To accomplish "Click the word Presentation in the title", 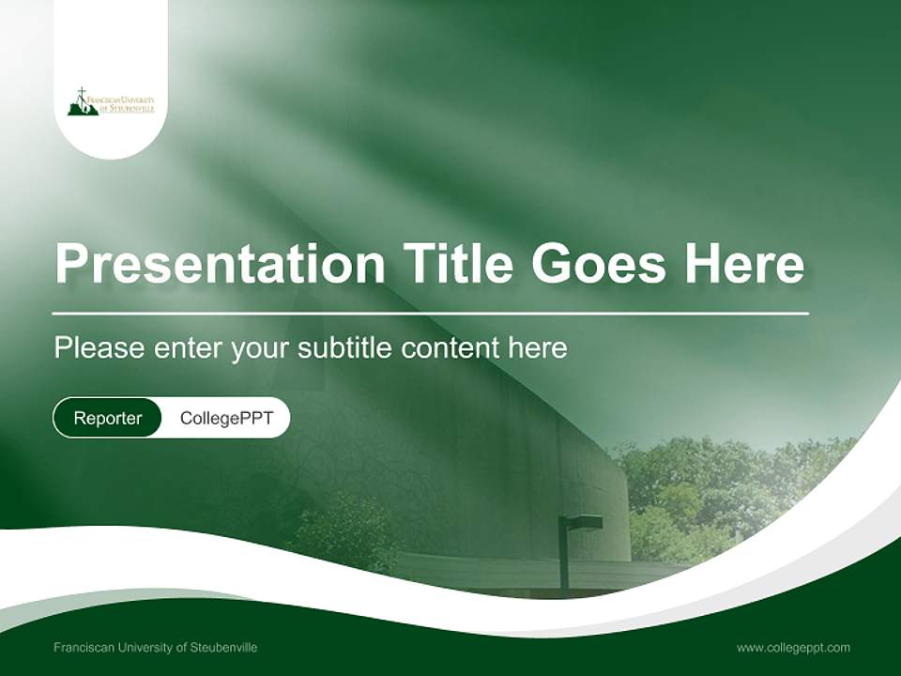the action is pos(220,263).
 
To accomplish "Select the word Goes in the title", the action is pos(599,263).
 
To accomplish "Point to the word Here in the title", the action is pos(744,263).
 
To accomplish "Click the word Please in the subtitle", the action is pos(99,347).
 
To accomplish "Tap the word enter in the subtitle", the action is pos(188,348).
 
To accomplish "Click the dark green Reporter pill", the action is pos(107,418).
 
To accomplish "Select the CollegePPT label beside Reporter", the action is pos(226,418).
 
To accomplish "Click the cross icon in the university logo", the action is pos(83,94).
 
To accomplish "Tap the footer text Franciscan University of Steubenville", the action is pos(155,647).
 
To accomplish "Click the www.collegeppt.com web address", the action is pos(794,648).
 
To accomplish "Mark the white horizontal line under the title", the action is pos(431,314).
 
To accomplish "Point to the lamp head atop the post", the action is pos(581,523).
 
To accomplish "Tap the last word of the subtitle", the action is pos(538,347).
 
